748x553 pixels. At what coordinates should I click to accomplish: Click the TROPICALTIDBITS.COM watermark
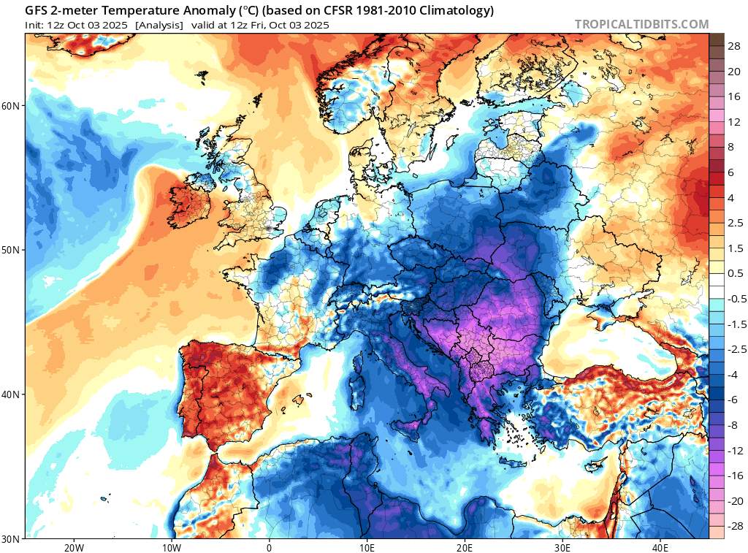[x=641, y=24]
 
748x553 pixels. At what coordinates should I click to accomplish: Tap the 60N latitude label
[x=11, y=106]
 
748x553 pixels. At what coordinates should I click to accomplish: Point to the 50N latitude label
[x=11, y=250]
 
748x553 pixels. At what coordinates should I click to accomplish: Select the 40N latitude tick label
[x=11, y=394]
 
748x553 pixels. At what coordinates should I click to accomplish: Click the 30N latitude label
[x=11, y=538]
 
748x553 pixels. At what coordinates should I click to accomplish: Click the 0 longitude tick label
[x=270, y=547]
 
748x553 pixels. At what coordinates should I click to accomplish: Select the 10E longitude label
[x=367, y=547]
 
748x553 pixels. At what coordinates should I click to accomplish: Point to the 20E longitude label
[x=465, y=547]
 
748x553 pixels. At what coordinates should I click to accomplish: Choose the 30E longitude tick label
[x=562, y=547]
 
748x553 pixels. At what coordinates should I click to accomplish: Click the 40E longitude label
[x=660, y=547]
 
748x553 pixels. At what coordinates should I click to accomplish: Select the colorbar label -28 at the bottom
[x=733, y=526]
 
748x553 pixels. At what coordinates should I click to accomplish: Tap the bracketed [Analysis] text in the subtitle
[x=160, y=25]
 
